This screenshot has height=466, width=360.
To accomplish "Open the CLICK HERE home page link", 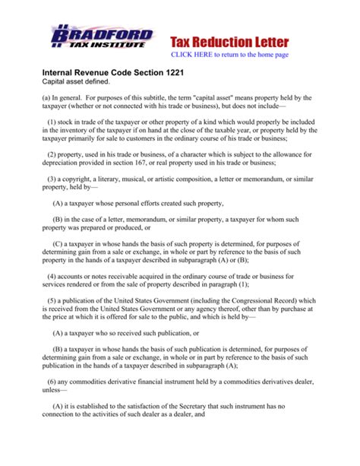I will [x=240, y=55].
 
